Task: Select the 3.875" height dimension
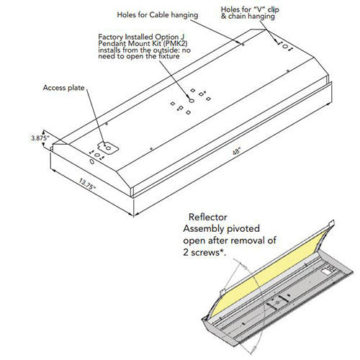point(40,135)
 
